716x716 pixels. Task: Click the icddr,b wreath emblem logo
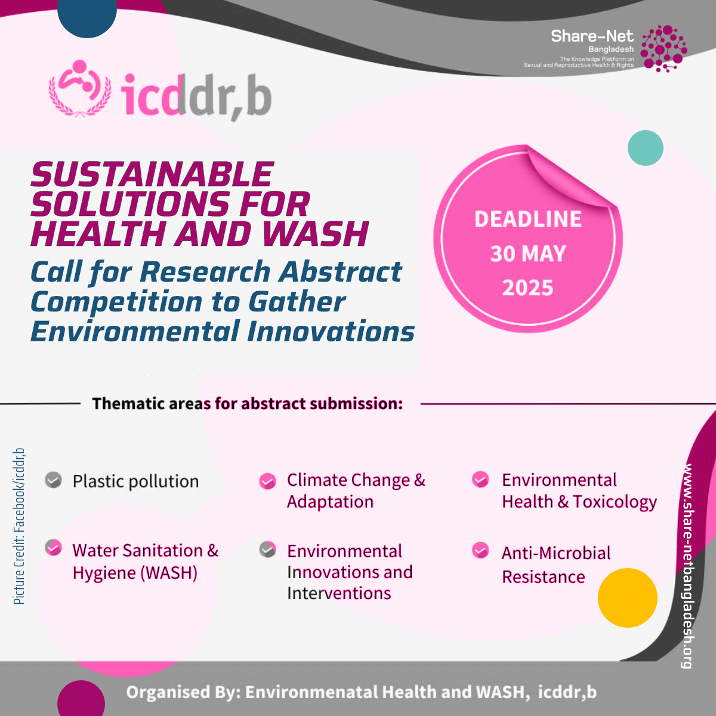click(80, 88)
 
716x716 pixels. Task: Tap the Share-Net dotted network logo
click(663, 48)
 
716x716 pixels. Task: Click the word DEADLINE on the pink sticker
click(527, 219)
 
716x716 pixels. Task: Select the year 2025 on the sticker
click(527, 288)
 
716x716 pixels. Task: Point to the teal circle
click(646, 148)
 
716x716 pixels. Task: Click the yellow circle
click(628, 598)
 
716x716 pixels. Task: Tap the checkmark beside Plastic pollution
click(54, 480)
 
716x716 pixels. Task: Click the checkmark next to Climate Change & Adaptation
click(267, 481)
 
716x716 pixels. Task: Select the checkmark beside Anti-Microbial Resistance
click(480, 551)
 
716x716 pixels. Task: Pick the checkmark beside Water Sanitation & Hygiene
click(54, 548)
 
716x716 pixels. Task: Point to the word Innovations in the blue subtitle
click(331, 331)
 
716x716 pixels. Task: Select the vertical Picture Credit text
click(18, 526)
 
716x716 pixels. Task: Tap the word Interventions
click(339, 593)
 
